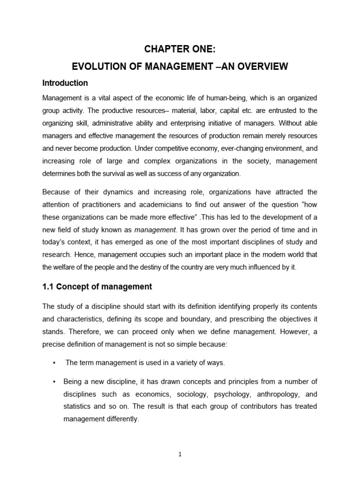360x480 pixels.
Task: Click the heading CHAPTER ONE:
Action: pyautogui.click(x=180, y=50)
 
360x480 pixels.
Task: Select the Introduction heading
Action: pyautogui.click(x=65, y=83)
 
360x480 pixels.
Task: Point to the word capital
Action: pyautogui.click(x=238, y=111)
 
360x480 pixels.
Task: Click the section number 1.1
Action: pyautogui.click(x=48, y=287)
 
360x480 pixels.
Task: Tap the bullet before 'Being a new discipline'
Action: pyautogui.click(x=55, y=381)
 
